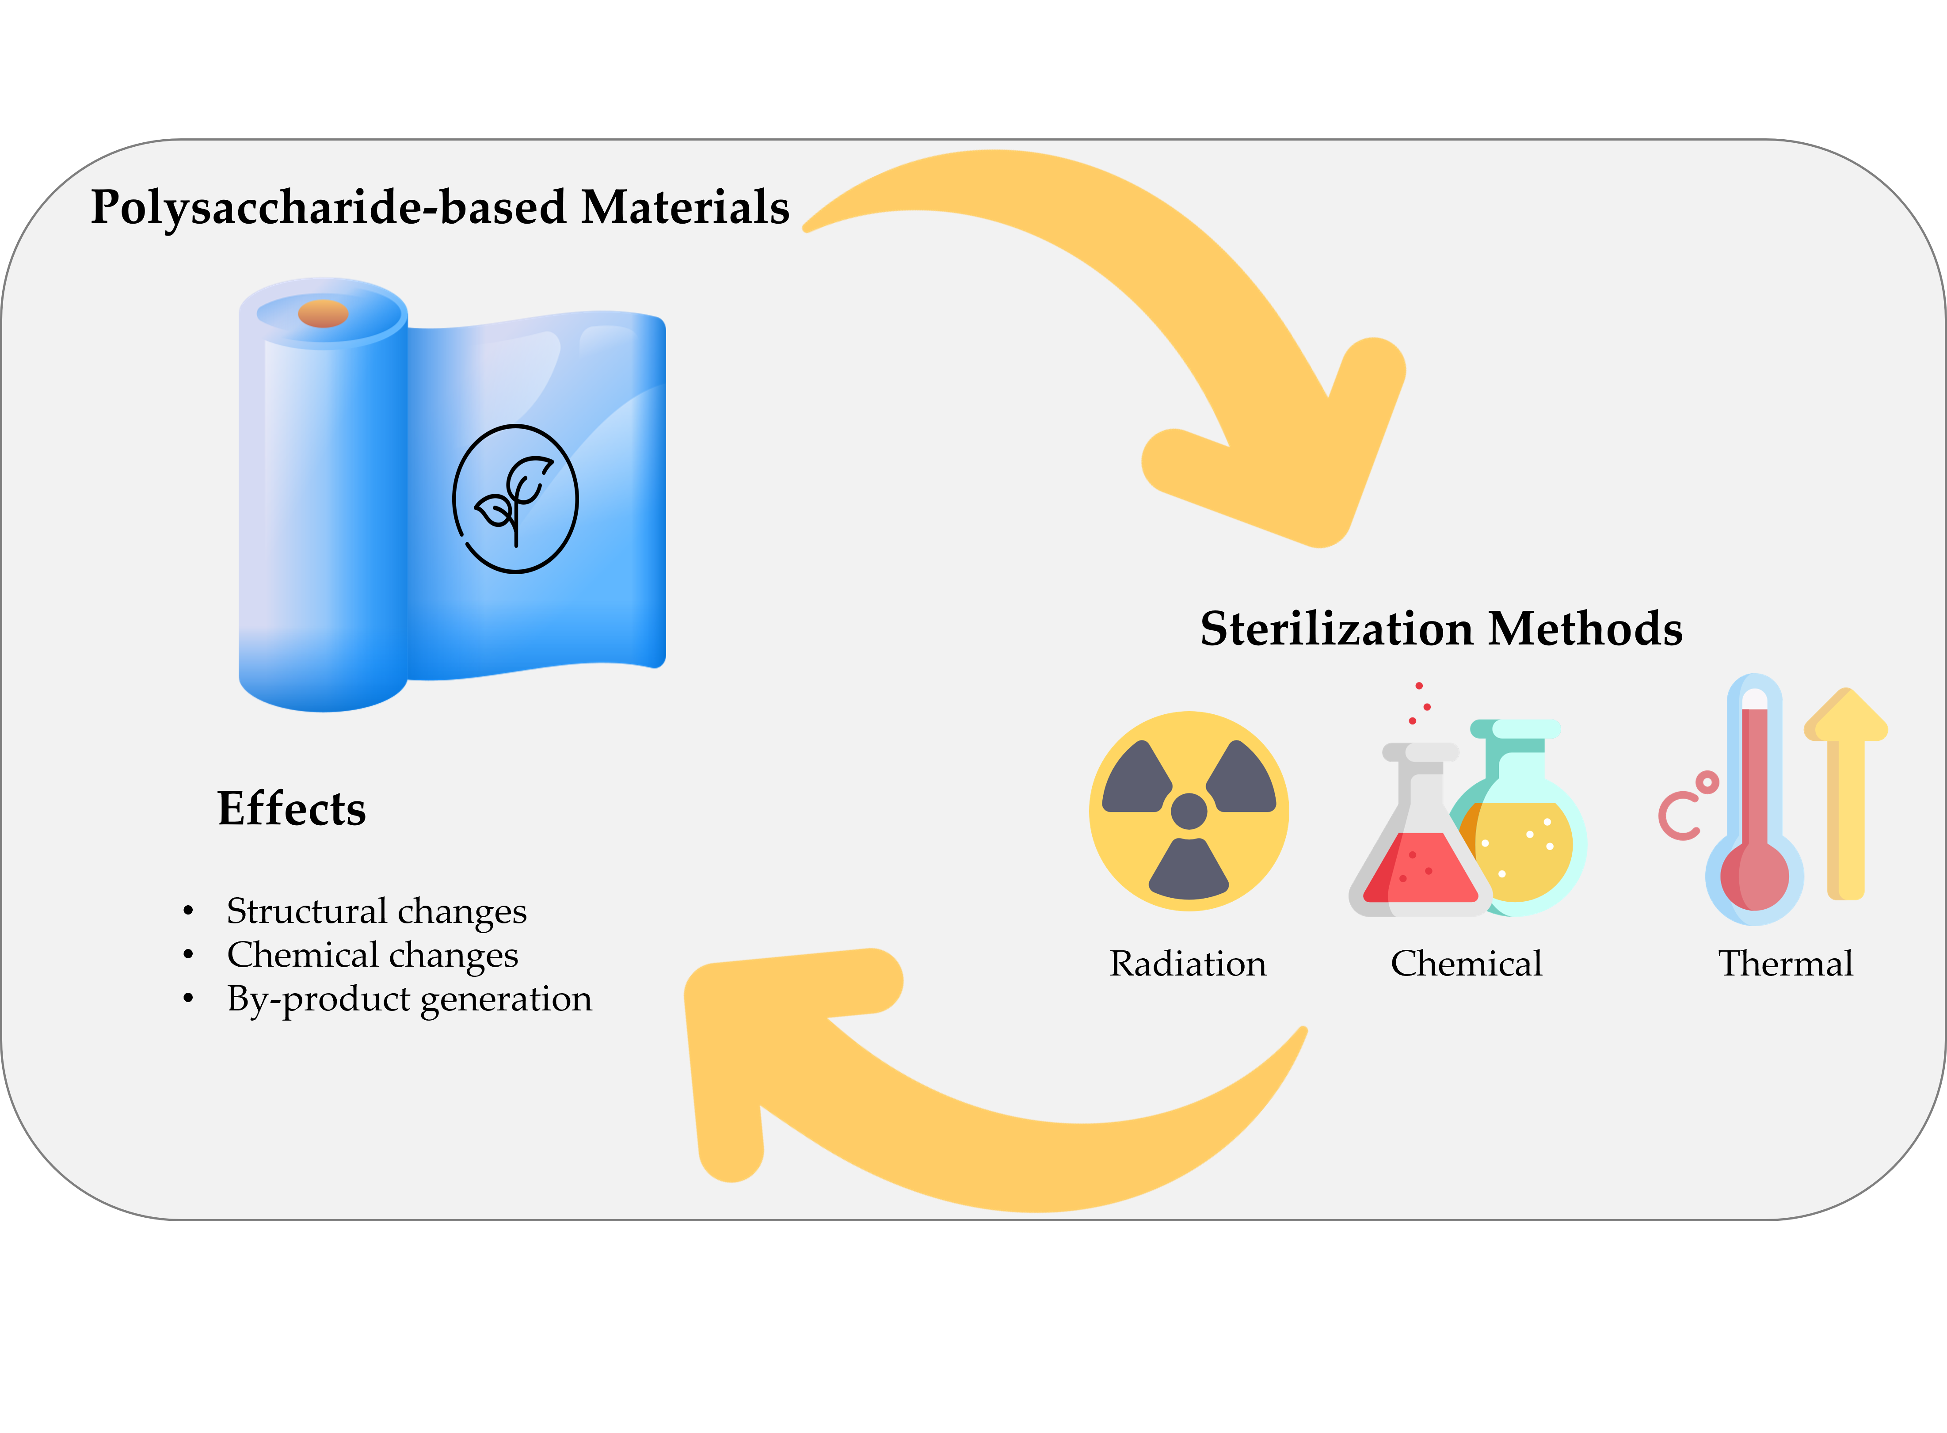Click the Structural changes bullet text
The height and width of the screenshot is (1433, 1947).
(377, 911)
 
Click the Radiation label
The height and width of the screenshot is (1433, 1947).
(1187, 964)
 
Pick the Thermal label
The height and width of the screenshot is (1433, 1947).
(1786, 964)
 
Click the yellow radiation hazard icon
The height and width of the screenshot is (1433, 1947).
(1188, 811)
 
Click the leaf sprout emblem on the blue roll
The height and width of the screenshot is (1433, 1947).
(515, 499)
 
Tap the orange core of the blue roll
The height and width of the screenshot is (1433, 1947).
(323, 313)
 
